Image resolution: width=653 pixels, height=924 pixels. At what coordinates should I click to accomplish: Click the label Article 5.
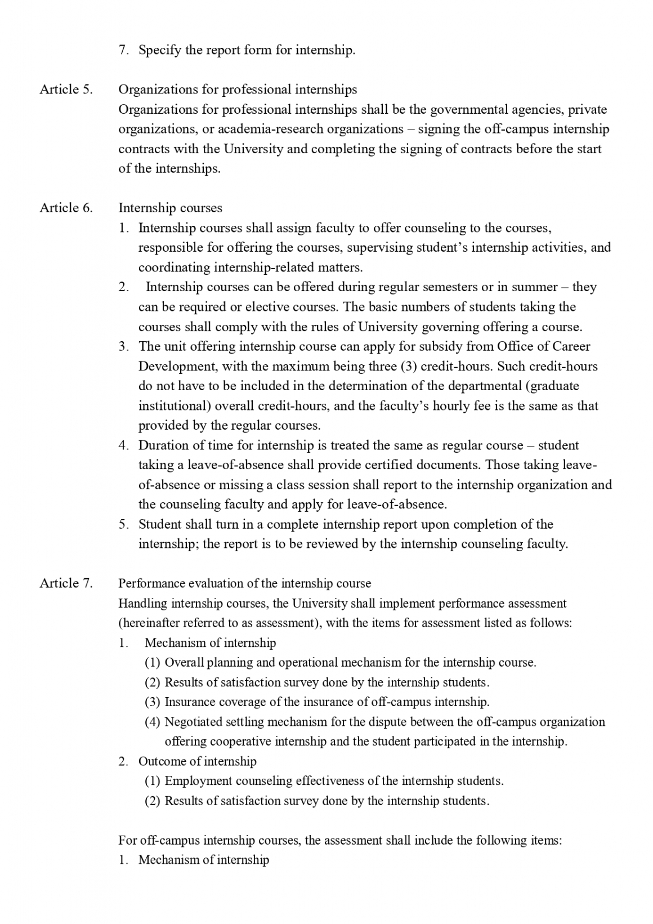66,90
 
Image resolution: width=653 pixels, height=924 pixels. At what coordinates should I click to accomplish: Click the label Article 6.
66,208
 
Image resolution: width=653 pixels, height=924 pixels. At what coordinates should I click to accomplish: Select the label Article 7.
66,583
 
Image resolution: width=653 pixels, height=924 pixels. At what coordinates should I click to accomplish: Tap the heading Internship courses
170,208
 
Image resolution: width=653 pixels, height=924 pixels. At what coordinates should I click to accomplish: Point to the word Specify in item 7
159,50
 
